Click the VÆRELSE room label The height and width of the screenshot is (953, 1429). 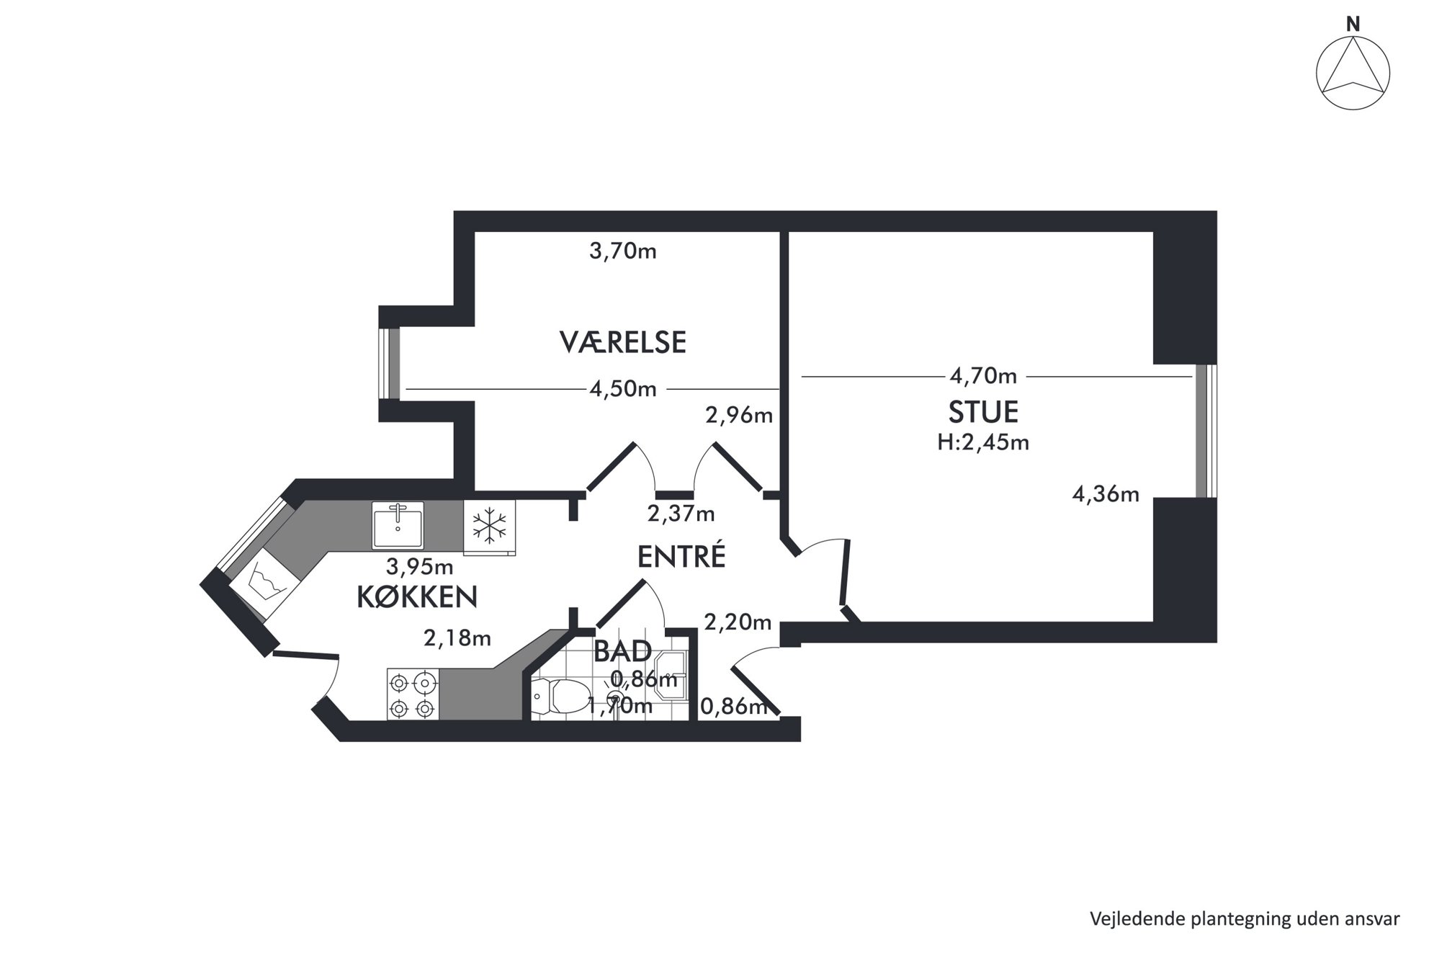coord(623,342)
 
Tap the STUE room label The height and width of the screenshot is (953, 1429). coord(983,412)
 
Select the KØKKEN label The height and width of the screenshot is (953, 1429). coord(418,597)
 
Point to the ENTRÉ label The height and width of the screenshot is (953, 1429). coord(681,557)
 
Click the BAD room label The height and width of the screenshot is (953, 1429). coord(623,651)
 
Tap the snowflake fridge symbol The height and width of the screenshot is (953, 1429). coord(489,527)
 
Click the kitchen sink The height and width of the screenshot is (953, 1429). coord(398,525)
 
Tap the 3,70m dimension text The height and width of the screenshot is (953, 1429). coord(623,251)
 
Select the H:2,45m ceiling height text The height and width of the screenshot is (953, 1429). coord(983,442)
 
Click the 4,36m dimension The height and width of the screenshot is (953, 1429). coord(1106,494)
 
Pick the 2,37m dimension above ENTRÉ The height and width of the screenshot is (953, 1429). coord(681,514)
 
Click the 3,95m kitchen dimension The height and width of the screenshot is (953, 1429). coord(420,567)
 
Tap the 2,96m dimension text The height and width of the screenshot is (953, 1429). coord(739,416)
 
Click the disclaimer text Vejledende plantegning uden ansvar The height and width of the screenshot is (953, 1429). coord(1245,919)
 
